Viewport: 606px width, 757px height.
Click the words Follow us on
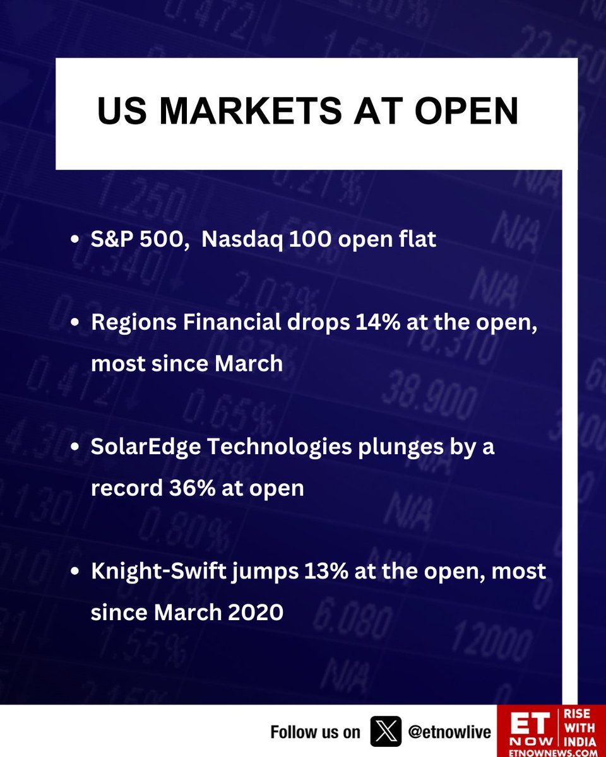pyautogui.click(x=315, y=732)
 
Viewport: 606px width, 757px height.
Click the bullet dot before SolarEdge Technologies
pyautogui.click(x=75, y=448)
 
